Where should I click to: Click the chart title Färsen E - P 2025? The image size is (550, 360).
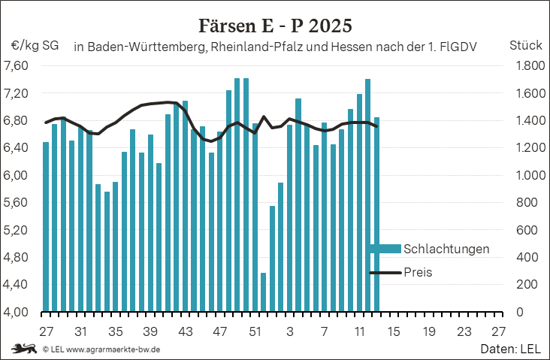click(x=275, y=26)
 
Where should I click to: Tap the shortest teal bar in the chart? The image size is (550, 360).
click(x=263, y=292)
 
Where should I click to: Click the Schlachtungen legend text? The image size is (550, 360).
click(x=446, y=249)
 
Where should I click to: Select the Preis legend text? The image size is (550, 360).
click(x=418, y=272)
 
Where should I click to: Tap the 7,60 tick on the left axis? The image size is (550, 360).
click(x=16, y=66)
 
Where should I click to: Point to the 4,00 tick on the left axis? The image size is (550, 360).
click(x=16, y=312)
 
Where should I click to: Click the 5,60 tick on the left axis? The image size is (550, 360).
click(x=16, y=203)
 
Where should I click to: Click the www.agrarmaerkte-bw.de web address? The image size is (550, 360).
click(x=113, y=349)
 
